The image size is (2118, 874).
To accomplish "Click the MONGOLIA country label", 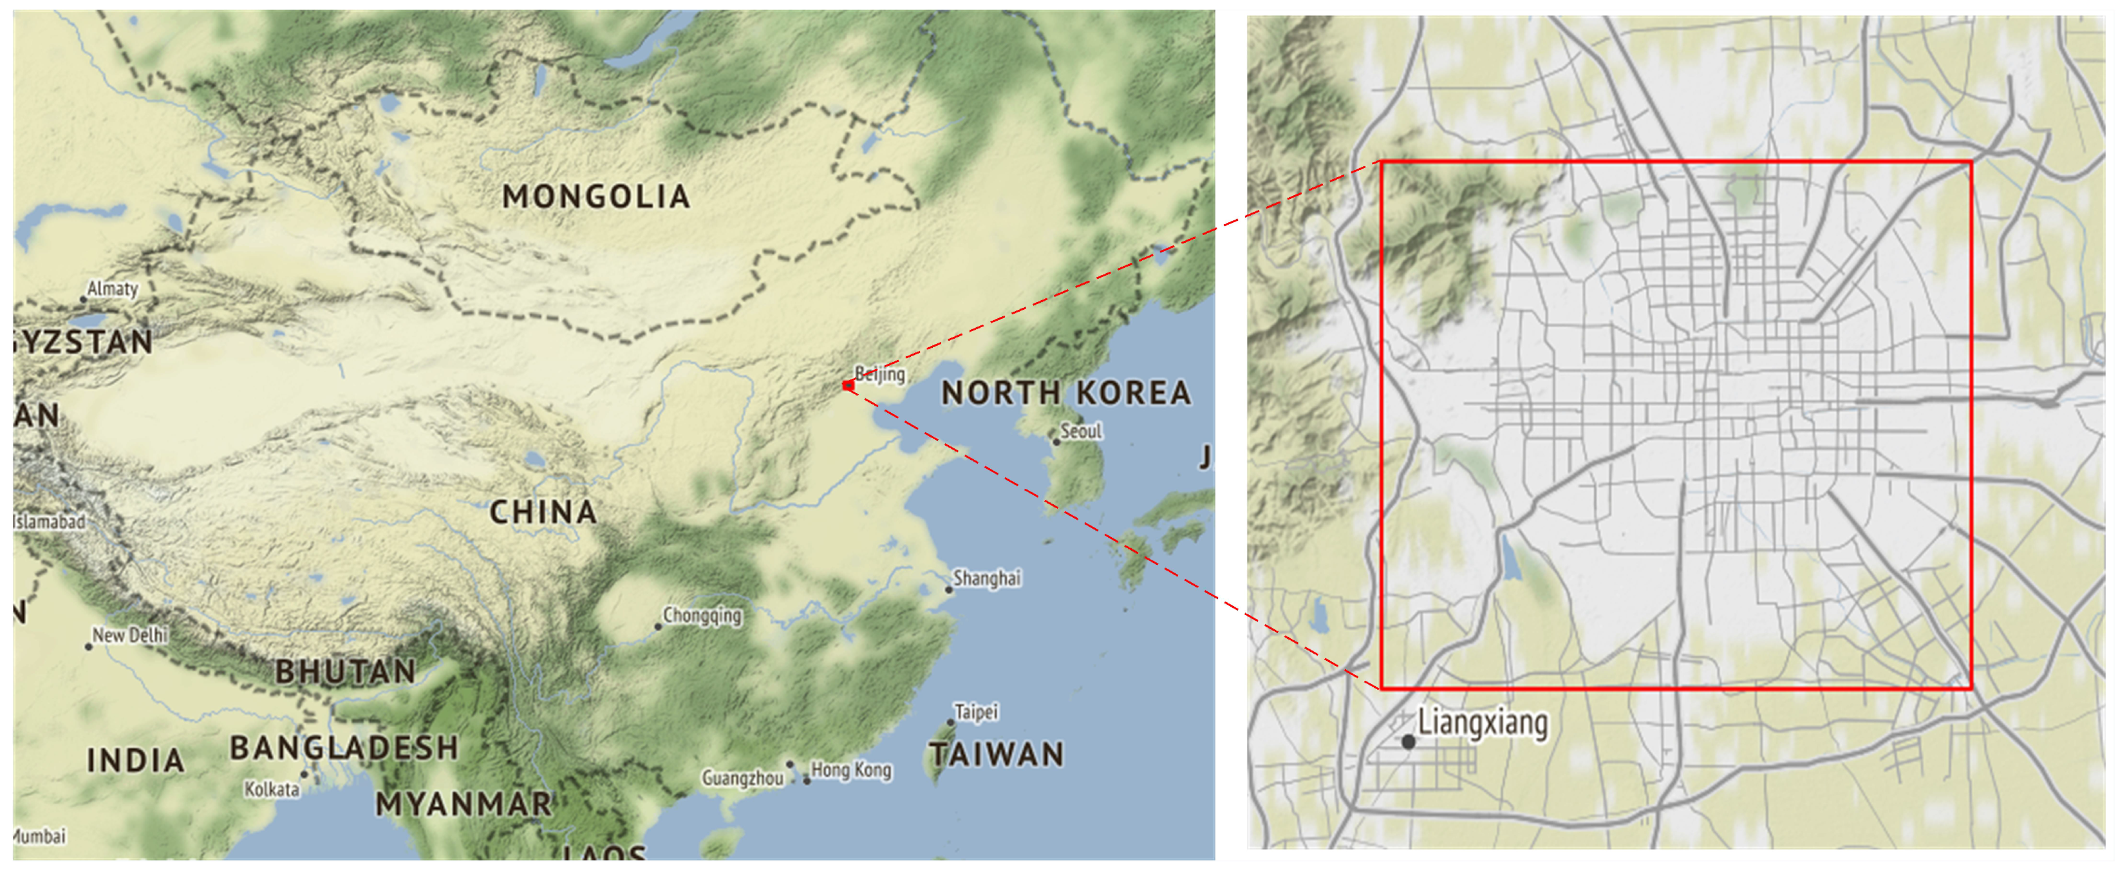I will tap(596, 196).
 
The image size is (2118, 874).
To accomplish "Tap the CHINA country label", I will tap(543, 512).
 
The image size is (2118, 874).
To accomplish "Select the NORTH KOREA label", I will tap(1065, 393).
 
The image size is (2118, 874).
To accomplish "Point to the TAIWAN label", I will tap(996, 754).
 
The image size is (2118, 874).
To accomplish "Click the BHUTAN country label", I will tap(345, 671).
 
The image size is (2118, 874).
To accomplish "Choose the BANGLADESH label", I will tap(344, 747).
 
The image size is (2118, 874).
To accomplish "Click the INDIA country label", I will tap(136, 760).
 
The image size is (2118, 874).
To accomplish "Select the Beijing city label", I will tap(880, 374).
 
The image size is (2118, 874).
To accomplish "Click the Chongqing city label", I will tap(702, 615).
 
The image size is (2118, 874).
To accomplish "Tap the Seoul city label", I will tap(1080, 431).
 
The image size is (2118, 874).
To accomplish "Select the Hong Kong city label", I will tap(851, 770).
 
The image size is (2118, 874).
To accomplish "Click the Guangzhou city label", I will tap(742, 777).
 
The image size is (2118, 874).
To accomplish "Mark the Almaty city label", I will tap(113, 289).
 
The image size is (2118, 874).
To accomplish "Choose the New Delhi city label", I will tap(129, 635).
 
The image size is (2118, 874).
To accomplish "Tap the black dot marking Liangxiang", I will tap(1408, 741).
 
